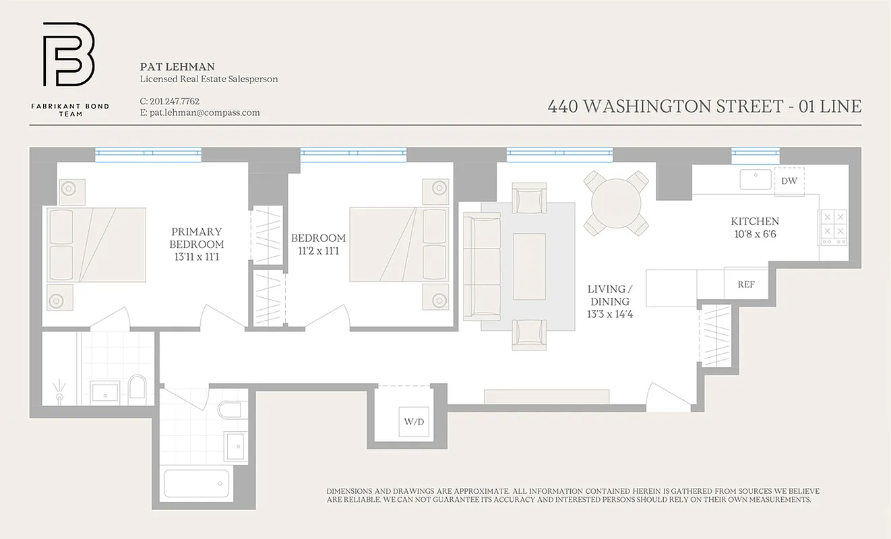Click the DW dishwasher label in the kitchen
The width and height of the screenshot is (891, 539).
(789, 181)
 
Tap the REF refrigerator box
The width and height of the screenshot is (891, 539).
(745, 284)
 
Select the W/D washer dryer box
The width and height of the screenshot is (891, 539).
(413, 422)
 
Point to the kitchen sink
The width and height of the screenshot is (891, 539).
(756, 179)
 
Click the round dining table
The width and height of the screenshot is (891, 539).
(616, 202)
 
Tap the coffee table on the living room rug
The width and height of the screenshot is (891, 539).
(529, 266)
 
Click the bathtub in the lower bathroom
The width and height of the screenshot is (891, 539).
(196, 483)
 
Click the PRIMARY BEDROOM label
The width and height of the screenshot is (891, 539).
(196, 238)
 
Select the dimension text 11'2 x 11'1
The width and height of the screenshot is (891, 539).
(318, 251)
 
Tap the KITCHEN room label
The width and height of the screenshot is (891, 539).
(755, 221)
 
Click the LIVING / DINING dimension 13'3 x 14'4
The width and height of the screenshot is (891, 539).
(610, 315)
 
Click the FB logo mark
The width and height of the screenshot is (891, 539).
(69, 55)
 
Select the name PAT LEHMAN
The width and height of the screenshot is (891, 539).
(177, 67)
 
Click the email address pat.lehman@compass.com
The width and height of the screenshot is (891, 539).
(205, 113)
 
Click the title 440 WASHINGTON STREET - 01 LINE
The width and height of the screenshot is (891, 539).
(704, 106)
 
